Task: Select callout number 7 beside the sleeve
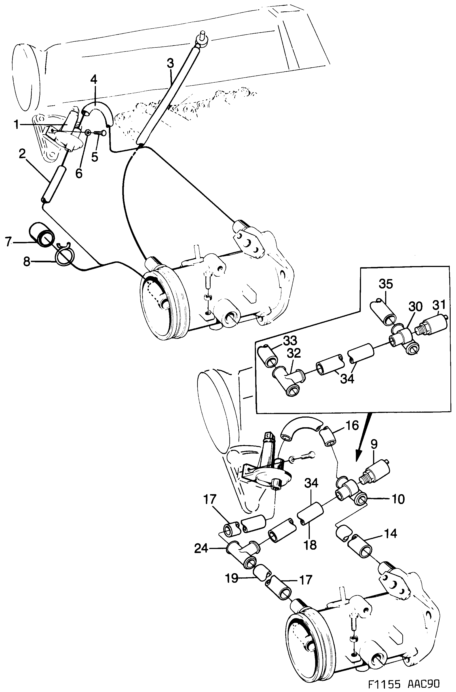[x=8, y=242]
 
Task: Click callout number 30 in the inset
[x=415, y=307]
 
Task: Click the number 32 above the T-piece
[x=293, y=353]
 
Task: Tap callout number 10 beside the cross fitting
[x=398, y=499]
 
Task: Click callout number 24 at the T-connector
[x=202, y=549]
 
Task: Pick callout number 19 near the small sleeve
[x=232, y=578]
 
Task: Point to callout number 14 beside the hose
[x=390, y=534]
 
